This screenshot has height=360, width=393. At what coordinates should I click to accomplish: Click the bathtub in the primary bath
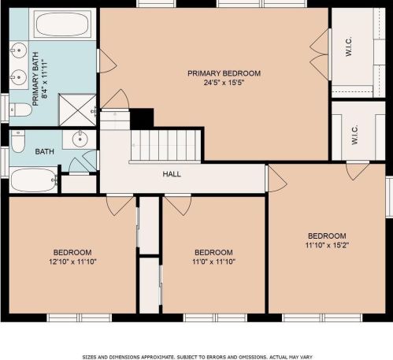[x=62, y=24]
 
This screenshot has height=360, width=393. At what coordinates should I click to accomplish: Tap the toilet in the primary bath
[x=20, y=109]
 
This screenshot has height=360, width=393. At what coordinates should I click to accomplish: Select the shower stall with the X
[x=77, y=109]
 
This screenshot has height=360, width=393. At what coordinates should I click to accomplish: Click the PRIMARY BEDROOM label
[x=224, y=73]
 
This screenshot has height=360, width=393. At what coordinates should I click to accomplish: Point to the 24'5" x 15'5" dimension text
[x=224, y=83]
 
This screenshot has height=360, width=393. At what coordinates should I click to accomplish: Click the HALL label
[x=172, y=174]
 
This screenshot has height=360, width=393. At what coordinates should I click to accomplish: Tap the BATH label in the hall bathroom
[x=45, y=151]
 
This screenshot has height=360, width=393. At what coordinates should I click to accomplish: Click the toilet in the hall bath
[x=18, y=141]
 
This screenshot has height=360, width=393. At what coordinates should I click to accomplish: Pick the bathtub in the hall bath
[x=34, y=180]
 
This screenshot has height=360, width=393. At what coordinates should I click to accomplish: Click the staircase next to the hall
[x=166, y=146]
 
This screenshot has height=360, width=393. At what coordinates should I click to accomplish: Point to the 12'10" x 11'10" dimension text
[x=72, y=262]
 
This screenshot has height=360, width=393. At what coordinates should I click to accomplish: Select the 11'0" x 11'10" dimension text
[x=213, y=262]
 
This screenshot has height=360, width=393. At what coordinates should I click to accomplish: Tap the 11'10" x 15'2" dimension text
[x=327, y=245]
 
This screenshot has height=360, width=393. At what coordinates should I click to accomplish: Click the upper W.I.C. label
[x=349, y=46]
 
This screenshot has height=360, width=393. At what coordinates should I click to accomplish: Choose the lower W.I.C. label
[x=354, y=135]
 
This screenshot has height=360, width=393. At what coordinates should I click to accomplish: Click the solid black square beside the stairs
[x=142, y=119]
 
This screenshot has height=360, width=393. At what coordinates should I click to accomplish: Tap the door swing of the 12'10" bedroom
[x=120, y=206]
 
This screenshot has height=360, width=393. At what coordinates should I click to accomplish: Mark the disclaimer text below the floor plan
[x=197, y=357]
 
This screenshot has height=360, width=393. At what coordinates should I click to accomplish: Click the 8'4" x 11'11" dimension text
[x=45, y=79]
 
